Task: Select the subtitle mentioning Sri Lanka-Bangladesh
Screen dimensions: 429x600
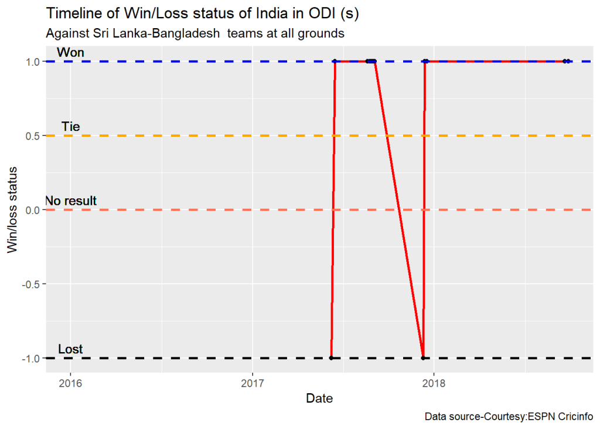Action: tap(195, 33)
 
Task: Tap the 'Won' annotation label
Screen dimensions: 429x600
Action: tap(70, 53)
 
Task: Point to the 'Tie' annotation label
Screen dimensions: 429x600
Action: tap(70, 127)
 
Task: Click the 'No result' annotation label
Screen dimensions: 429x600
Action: tap(71, 201)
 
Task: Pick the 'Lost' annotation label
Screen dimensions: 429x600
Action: tap(70, 350)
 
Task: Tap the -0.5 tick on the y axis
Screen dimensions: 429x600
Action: tap(30, 284)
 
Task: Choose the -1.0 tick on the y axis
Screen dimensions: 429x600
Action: tap(30, 358)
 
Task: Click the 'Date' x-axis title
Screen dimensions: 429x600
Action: tap(319, 399)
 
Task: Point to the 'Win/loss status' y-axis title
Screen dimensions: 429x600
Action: tap(12, 210)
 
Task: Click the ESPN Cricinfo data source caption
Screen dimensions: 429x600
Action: tap(509, 417)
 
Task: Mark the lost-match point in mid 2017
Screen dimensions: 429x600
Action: tap(331, 358)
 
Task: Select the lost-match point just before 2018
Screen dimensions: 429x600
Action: tap(422, 358)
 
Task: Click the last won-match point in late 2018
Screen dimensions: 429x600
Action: tap(568, 61)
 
